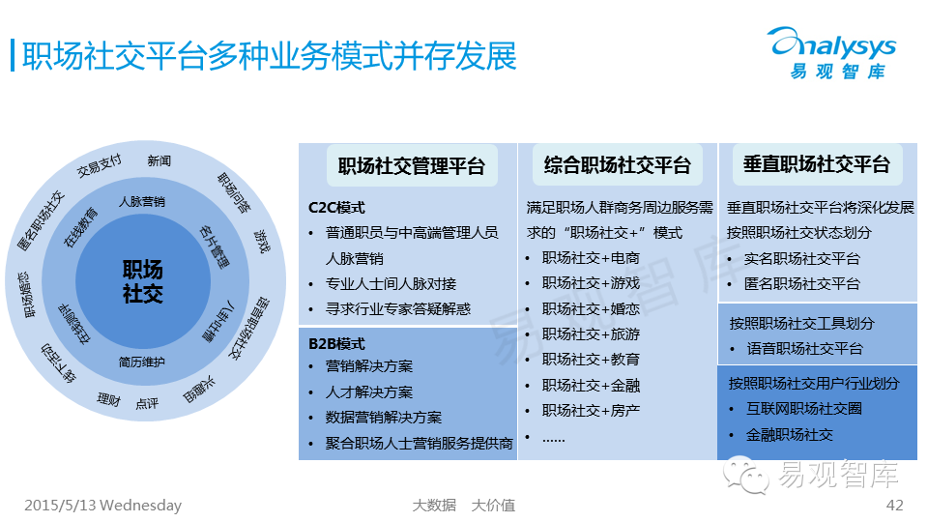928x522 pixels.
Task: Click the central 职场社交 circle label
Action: pyautogui.click(x=143, y=281)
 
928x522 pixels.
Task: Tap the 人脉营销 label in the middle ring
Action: pyautogui.click(x=142, y=202)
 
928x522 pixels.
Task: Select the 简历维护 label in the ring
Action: pyautogui.click(x=142, y=362)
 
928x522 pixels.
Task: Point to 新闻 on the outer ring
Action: pyautogui.click(x=159, y=160)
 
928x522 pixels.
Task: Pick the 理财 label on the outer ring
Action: pyautogui.click(x=108, y=399)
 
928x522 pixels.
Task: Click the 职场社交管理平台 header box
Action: pyautogui.click(x=412, y=165)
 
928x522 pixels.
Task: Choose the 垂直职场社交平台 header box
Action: pyautogui.click(x=817, y=164)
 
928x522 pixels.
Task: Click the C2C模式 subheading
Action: pyautogui.click(x=336, y=208)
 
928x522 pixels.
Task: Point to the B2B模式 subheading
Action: pyautogui.click(x=336, y=343)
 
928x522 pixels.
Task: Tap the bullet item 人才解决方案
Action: pyautogui.click(x=369, y=392)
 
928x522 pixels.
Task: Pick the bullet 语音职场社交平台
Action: pyautogui.click(x=804, y=349)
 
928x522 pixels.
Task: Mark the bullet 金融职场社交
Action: pyautogui.click(x=790, y=435)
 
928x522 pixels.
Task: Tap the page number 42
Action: pyautogui.click(x=894, y=506)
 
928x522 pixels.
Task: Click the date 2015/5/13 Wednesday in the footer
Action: pyautogui.click(x=102, y=506)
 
